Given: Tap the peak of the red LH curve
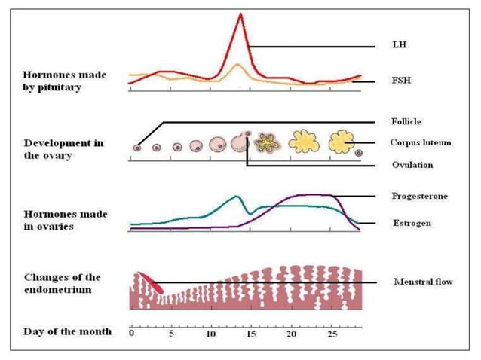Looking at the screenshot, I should [240, 14].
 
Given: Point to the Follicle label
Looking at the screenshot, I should [406, 121].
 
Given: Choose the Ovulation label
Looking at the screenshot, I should [409, 164].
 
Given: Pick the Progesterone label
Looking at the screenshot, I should [419, 196].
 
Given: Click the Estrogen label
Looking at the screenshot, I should [410, 223].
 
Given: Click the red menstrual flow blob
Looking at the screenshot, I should [148, 282].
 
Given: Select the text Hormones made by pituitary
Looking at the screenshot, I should [65, 81].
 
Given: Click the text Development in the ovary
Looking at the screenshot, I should [63, 149].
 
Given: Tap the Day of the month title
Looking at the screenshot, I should [67, 331].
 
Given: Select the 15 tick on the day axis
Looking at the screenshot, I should [252, 332].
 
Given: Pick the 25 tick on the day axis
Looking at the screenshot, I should [332, 332].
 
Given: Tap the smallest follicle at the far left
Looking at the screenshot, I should [138, 148].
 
